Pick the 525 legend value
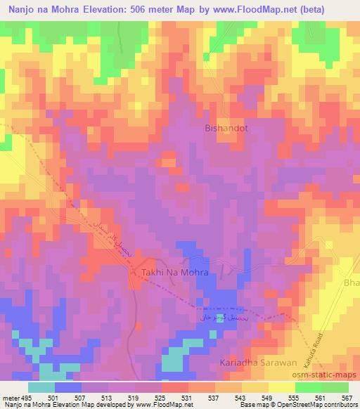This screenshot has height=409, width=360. (161, 397)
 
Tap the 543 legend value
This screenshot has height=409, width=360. (241, 397)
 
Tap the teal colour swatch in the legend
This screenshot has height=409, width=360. (41, 387)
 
